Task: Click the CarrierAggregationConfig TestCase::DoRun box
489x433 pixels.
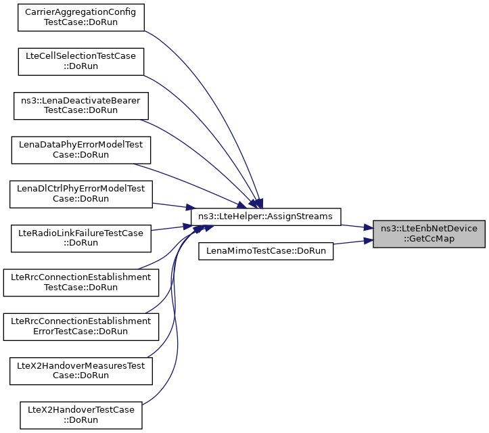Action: coord(80,18)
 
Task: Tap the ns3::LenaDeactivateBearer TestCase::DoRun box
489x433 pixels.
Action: coord(80,105)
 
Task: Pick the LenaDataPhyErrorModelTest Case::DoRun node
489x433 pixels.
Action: coord(80,150)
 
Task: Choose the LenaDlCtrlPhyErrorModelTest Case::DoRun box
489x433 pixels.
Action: coord(80,192)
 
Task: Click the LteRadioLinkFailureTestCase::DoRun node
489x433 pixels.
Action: coord(80,238)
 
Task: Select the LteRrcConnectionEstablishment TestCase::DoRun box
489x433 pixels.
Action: coord(80,282)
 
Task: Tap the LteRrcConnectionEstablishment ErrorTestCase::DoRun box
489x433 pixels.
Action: coord(80,325)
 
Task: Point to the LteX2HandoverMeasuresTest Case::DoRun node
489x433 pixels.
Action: coord(80,369)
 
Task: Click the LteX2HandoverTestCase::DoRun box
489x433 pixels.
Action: coord(80,414)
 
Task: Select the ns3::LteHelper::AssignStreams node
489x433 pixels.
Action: coord(266,216)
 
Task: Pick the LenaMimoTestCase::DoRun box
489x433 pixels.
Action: coord(266,250)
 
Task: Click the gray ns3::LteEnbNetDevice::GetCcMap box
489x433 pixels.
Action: coord(429,233)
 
